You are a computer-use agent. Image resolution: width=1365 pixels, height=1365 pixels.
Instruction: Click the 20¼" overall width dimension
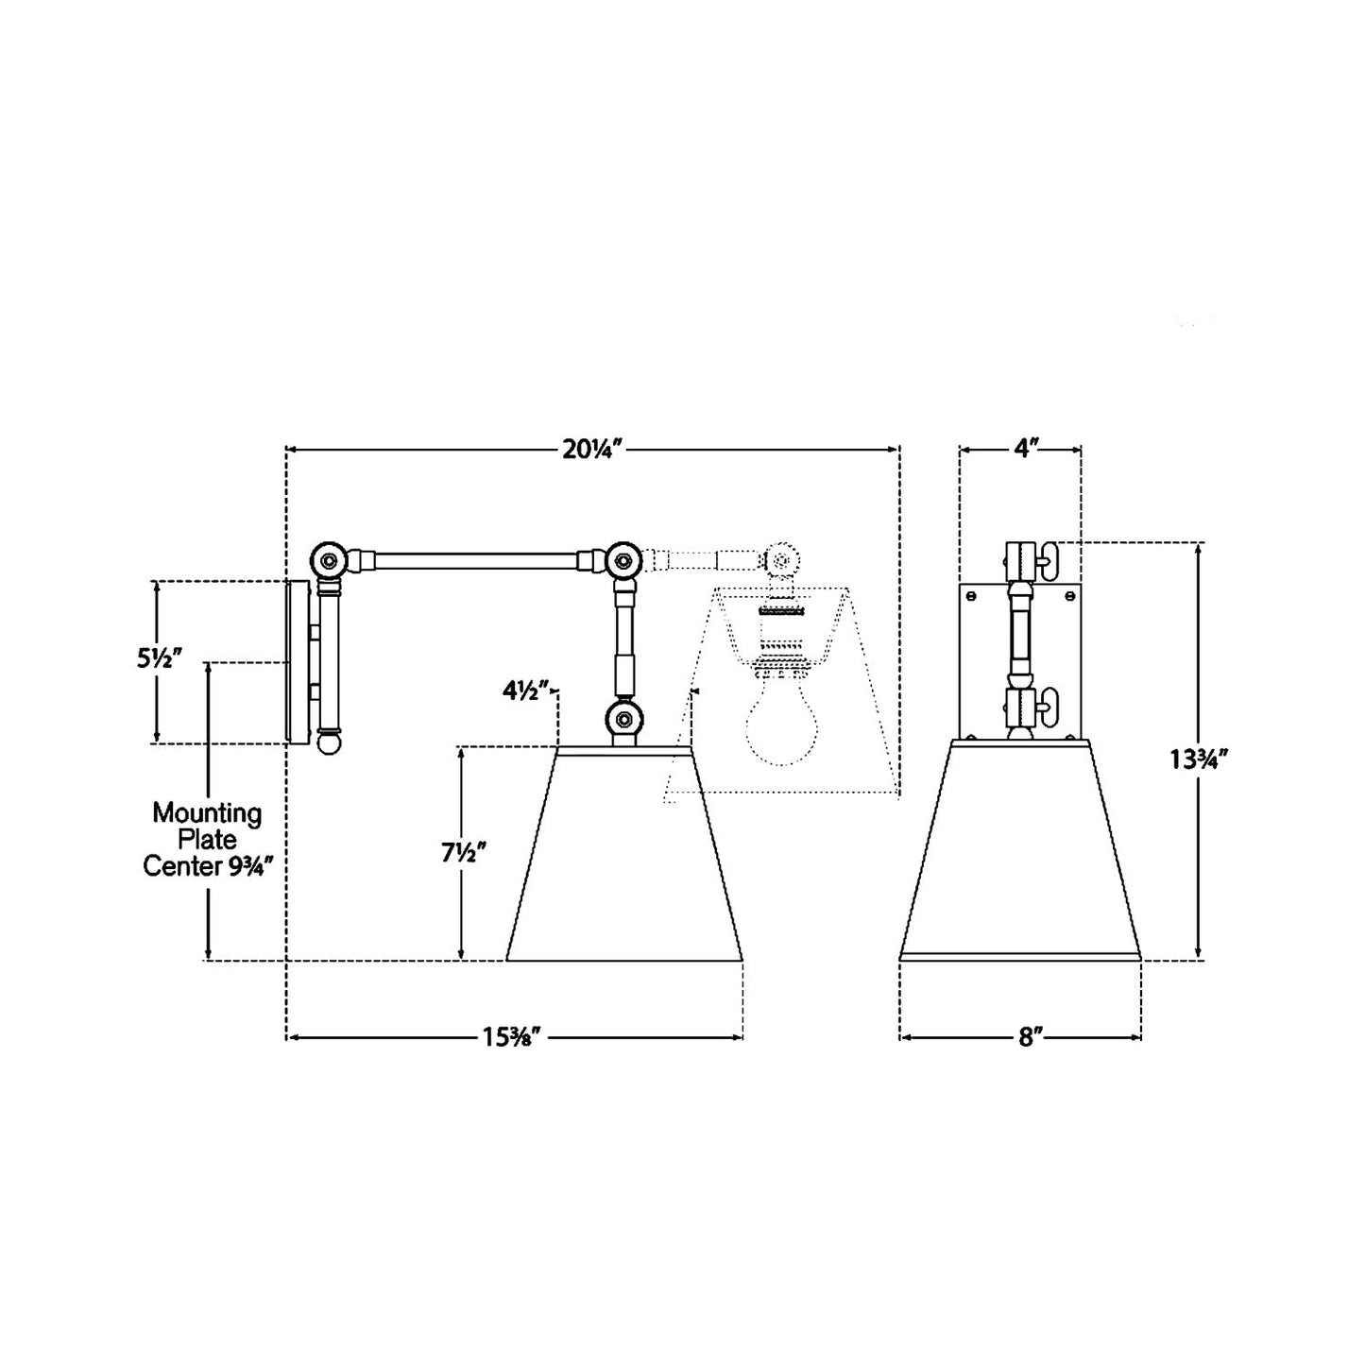tap(590, 451)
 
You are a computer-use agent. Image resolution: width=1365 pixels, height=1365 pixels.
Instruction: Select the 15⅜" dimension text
tap(511, 1037)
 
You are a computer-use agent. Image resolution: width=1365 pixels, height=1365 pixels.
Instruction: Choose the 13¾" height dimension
tap(1198, 759)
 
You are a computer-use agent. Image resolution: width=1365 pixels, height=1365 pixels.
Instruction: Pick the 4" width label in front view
tap(1020, 451)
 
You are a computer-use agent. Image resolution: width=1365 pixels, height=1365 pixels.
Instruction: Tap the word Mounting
tap(207, 813)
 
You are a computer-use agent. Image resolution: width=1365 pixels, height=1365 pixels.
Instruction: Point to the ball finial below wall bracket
tap(329, 744)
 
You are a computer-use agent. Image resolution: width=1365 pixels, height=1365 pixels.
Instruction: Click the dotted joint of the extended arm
tap(780, 560)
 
